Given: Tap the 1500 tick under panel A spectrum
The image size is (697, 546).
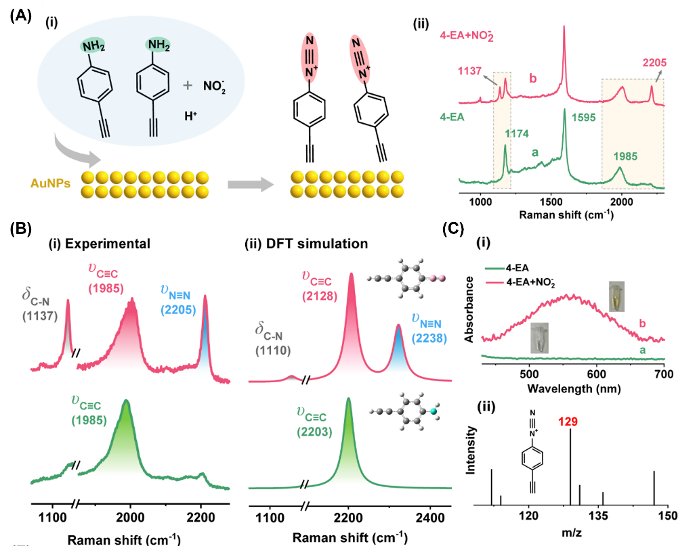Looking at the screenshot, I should click(x=551, y=200).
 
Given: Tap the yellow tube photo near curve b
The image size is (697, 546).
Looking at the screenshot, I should click(x=614, y=296).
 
